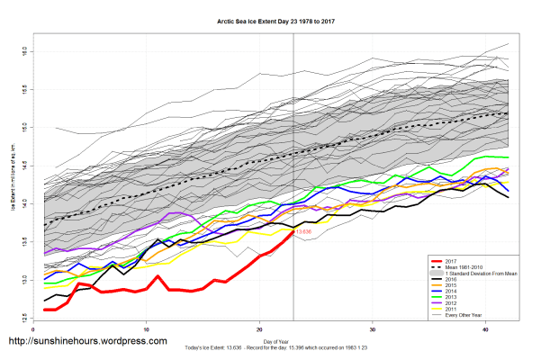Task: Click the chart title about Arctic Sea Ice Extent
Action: pyautogui.click(x=270, y=20)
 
